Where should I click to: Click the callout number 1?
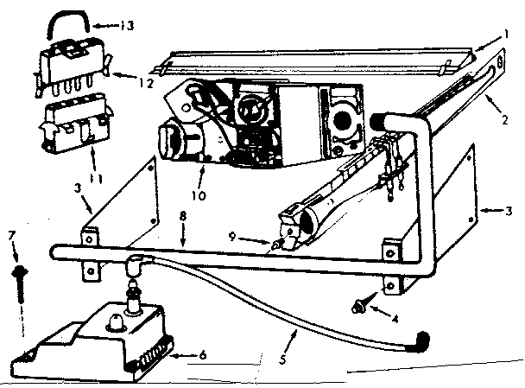[507, 37]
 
